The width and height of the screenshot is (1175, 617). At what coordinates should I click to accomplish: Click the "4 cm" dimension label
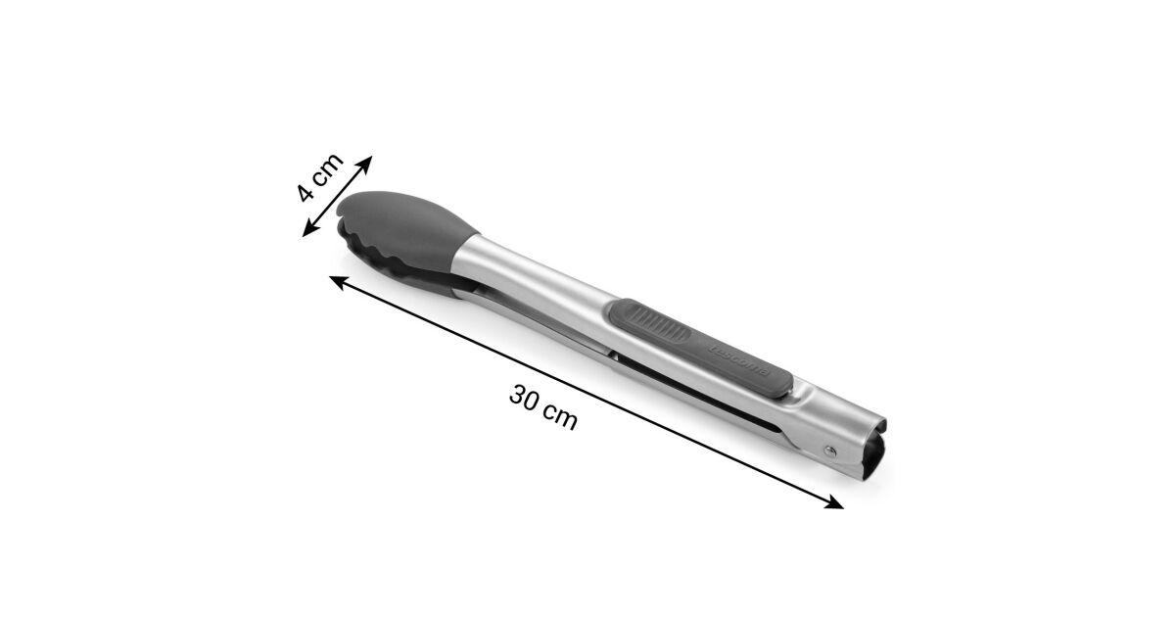point(319,177)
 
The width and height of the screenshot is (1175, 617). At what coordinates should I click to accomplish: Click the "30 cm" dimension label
point(543,407)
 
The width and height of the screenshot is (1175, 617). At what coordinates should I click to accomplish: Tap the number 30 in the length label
point(525,399)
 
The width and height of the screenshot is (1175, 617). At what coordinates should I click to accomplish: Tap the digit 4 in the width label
point(305,192)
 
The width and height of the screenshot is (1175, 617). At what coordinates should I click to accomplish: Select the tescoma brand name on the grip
point(739,361)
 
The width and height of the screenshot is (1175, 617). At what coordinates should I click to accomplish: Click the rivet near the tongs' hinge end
point(830,451)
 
